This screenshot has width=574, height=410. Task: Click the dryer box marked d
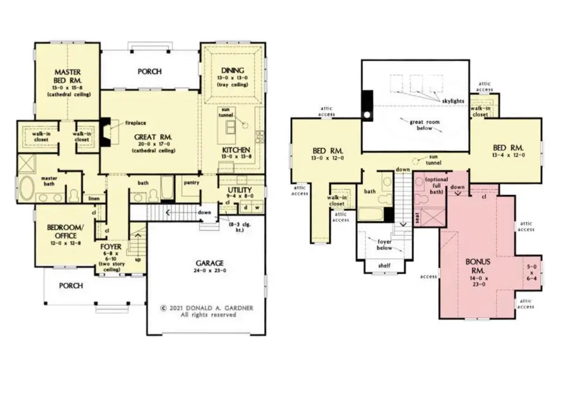pos(246,207)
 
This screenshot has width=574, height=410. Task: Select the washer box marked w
pos(257,207)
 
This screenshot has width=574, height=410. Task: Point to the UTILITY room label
pos(240,190)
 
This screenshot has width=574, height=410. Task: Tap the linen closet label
pos(94,198)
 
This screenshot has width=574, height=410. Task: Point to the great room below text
pos(416,124)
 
